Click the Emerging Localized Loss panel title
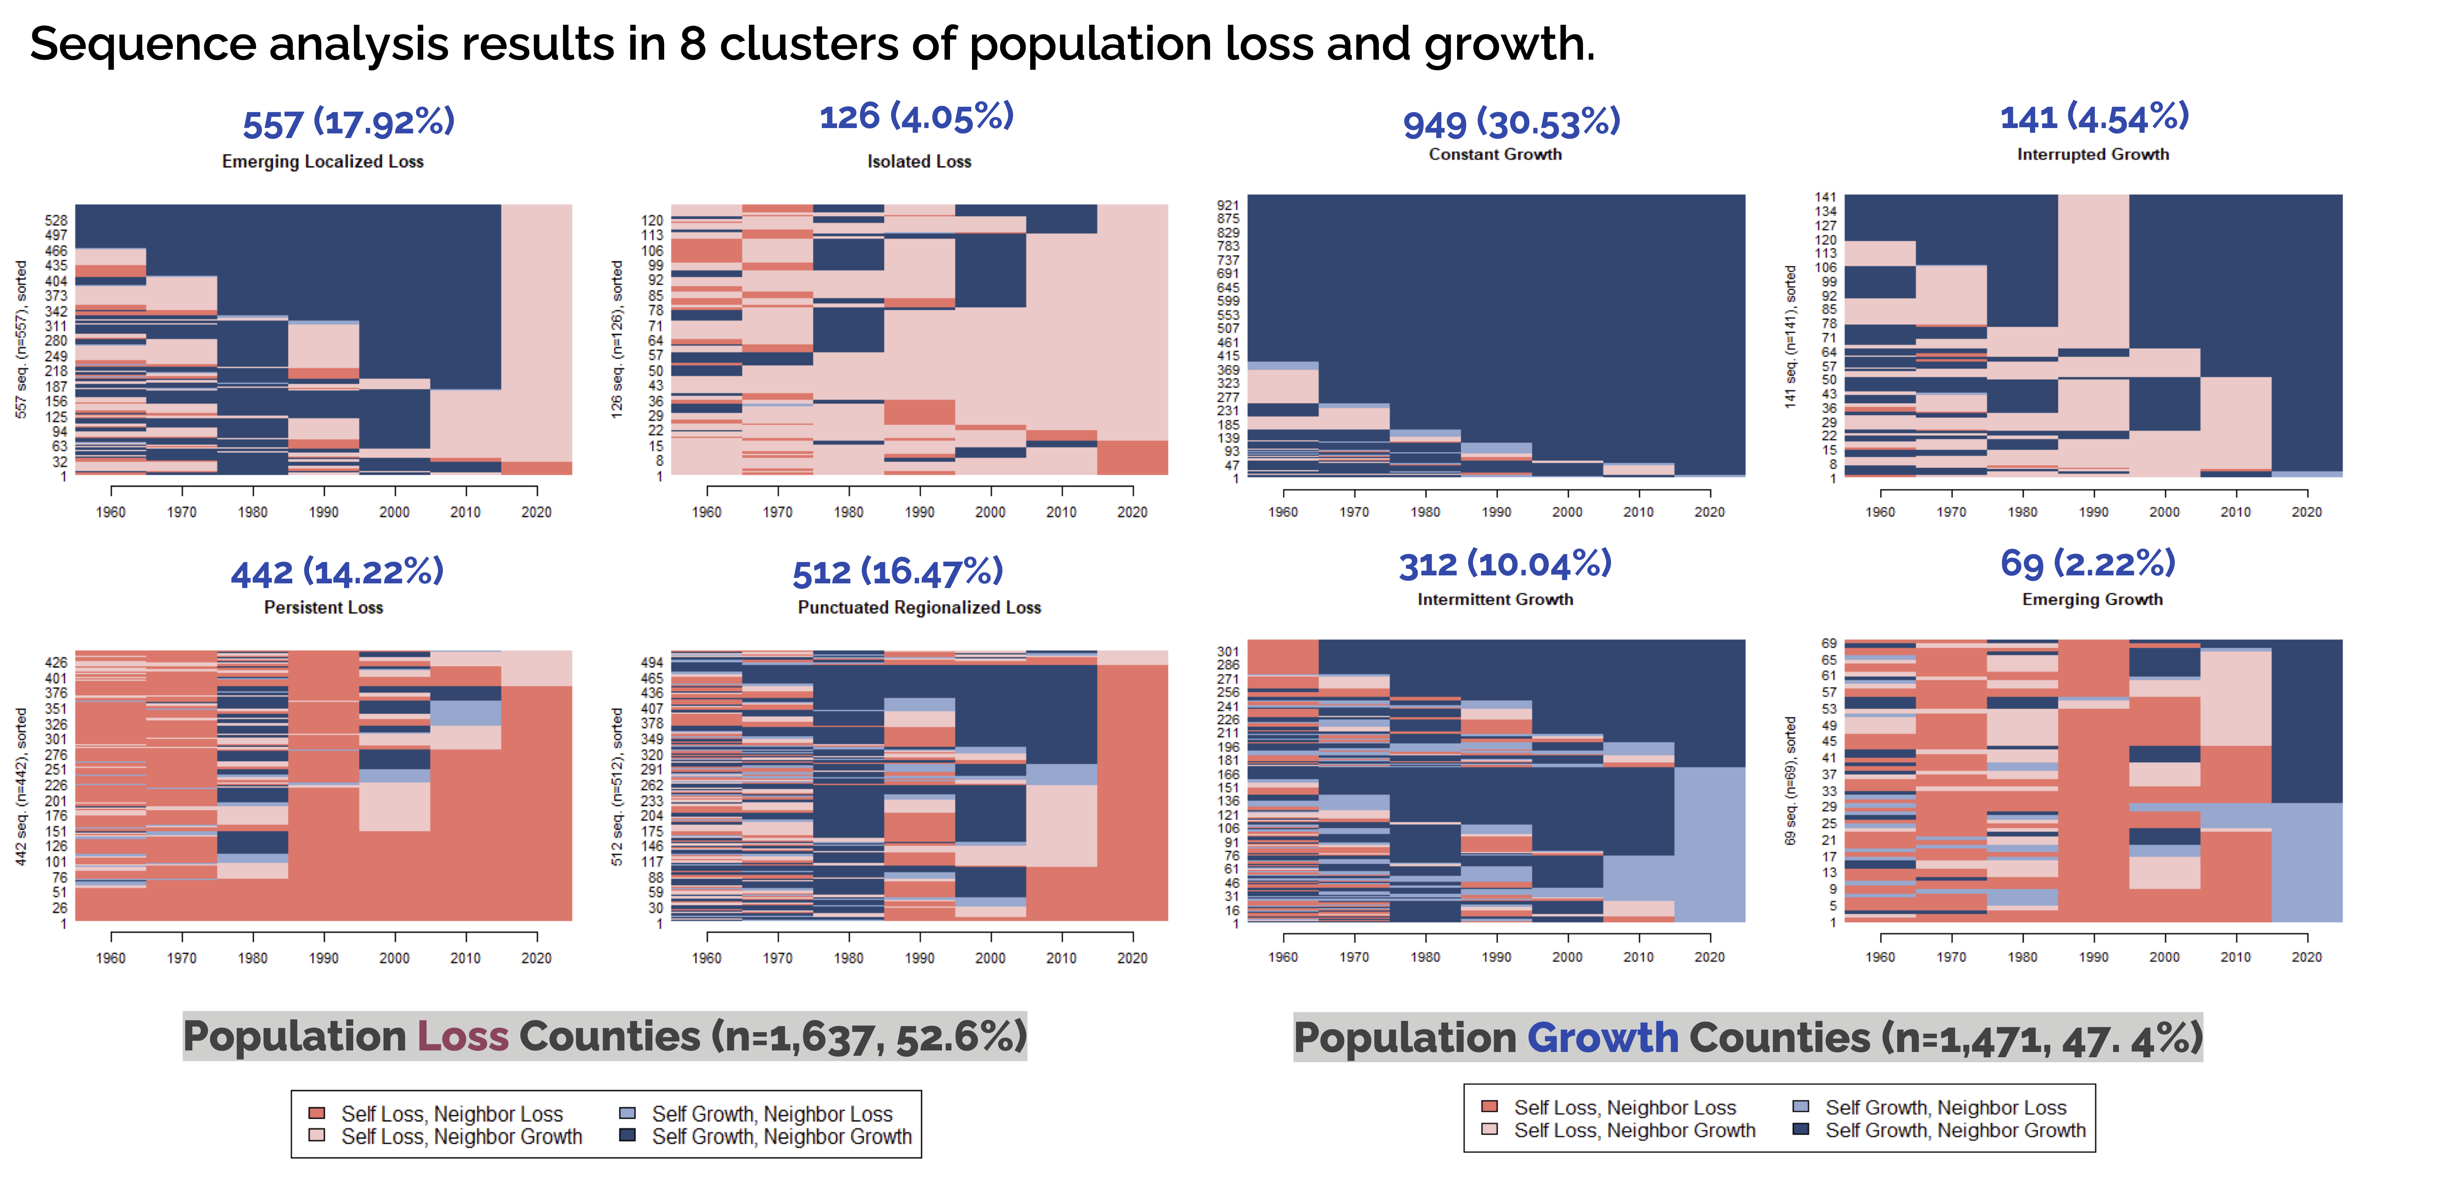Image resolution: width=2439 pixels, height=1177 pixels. pyautogui.click(x=323, y=162)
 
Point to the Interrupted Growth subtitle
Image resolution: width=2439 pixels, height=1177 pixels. pyautogui.click(x=2092, y=154)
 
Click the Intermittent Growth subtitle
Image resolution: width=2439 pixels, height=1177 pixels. pyautogui.click(x=1495, y=599)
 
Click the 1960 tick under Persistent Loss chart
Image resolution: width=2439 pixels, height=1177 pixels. pyautogui.click(x=111, y=958)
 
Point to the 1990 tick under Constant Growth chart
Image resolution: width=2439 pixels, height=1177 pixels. pyautogui.click(x=1496, y=512)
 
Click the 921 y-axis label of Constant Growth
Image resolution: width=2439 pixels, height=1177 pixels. pyautogui.click(x=1228, y=204)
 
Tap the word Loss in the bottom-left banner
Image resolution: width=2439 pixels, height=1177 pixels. pyautogui.click(x=463, y=1037)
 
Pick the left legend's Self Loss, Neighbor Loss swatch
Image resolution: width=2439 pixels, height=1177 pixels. pyautogui.click(x=317, y=1114)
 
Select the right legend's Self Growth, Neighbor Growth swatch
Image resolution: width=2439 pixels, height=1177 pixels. pyautogui.click(x=1801, y=1129)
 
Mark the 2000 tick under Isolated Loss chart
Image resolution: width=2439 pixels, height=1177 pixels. pyautogui.click(x=990, y=512)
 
